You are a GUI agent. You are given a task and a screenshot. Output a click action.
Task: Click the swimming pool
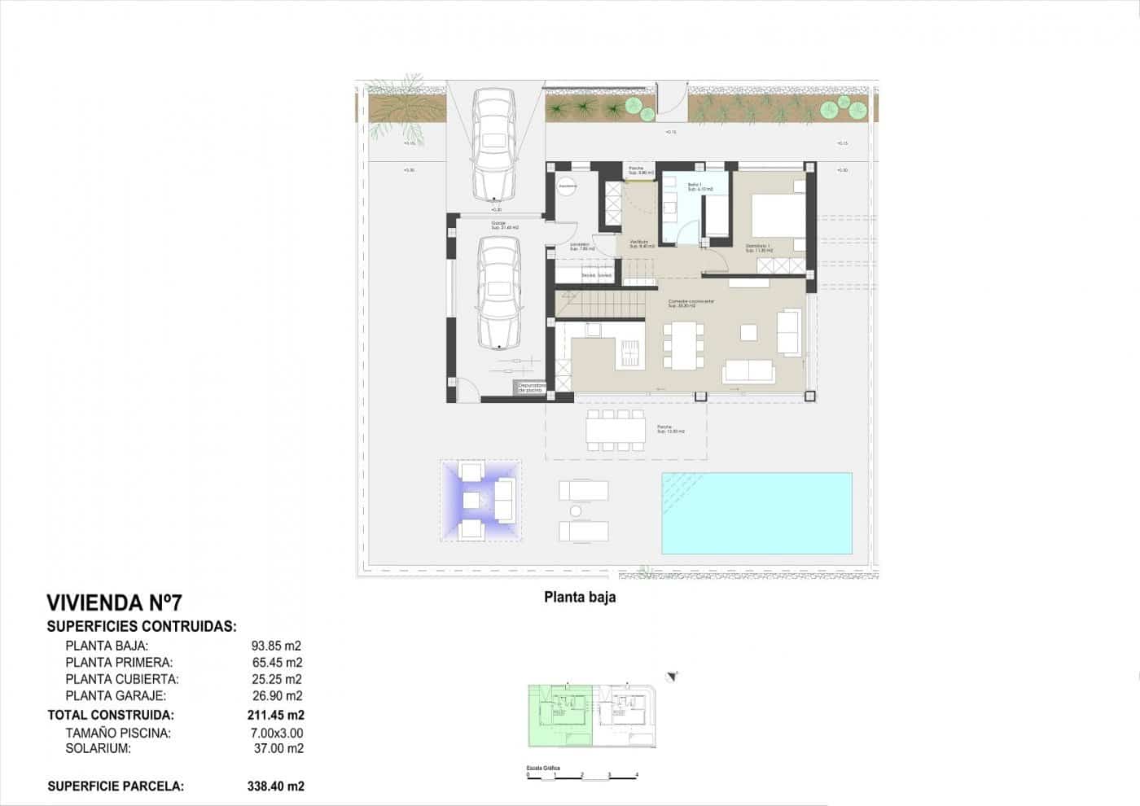point(756,514)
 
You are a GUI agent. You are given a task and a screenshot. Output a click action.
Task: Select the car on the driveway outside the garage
point(494,143)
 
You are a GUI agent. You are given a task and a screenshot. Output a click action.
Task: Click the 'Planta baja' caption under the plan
point(580,598)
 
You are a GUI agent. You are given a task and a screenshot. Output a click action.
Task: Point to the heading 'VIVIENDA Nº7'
point(114,603)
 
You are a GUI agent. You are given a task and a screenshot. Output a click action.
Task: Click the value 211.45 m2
point(275,716)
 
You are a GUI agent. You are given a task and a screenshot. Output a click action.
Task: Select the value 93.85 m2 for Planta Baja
point(276,646)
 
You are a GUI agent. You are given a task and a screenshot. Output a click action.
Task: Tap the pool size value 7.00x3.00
point(276,734)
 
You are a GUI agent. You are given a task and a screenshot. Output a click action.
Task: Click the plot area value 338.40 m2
point(275,786)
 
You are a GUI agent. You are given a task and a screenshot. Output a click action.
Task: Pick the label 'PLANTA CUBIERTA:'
point(122,679)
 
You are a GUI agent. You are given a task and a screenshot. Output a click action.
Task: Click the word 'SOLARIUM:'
point(98,749)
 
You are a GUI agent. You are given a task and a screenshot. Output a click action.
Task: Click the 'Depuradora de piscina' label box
point(530,388)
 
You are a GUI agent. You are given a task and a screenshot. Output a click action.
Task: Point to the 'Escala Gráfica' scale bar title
point(543,768)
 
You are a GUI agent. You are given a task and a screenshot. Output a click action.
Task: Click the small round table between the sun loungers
point(576,511)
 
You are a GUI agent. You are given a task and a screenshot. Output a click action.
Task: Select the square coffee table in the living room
point(748,332)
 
